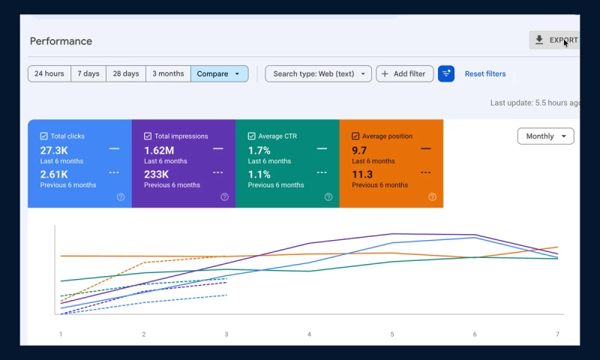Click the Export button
[554, 40]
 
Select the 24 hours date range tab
[49, 73]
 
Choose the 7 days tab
[88, 73]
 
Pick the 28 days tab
[126, 73]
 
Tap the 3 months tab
[168, 73]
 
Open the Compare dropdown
[220, 73]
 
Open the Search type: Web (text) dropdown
[318, 73]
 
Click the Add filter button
[404, 73]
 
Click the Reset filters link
[485, 73]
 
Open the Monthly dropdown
[546, 136]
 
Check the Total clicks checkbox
[44, 136]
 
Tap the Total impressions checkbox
[148, 136]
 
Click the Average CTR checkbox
[251, 136]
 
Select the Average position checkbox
[355, 136]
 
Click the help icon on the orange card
[433, 197]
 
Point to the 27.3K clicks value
[54, 150]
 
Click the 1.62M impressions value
[159, 150]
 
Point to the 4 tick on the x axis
[309, 334]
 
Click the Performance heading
[61, 41]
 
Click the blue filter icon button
[446, 73]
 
